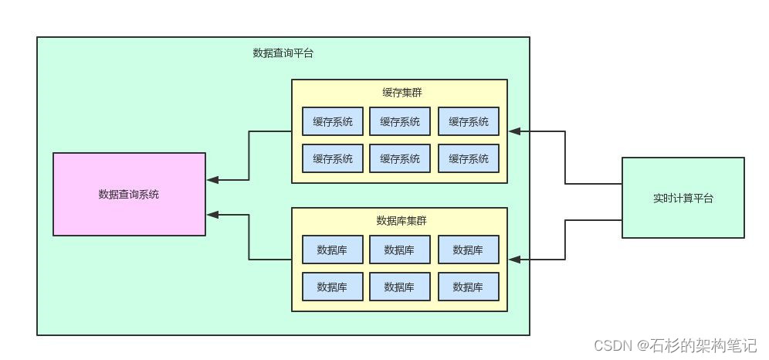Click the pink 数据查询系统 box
tap(129, 194)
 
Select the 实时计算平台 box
tap(683, 198)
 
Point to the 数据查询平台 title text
tap(283, 53)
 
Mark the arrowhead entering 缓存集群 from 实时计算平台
tap(515, 131)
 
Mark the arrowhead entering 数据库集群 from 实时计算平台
tap(515, 260)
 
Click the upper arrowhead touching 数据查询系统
tap(213, 180)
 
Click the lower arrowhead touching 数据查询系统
tap(213, 213)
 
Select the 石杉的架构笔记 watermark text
tap(703, 345)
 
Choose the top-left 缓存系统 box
tap(332, 121)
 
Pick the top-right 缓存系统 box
tap(468, 121)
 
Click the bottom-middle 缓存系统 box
tap(400, 158)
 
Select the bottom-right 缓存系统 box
tap(468, 158)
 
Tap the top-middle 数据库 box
tap(400, 250)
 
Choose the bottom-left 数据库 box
tap(332, 287)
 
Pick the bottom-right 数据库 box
tap(468, 287)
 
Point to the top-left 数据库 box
tap(332, 250)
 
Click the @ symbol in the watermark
tap(642, 345)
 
